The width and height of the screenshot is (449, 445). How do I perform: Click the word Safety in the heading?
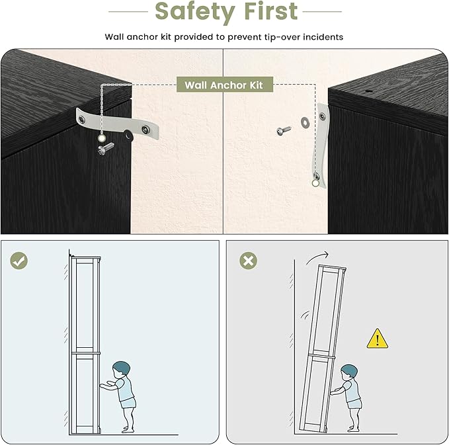pos(194,12)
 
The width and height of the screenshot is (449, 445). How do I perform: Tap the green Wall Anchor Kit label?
pos(225,85)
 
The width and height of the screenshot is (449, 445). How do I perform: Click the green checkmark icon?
pos(19,261)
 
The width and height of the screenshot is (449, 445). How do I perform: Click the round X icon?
pos(248,261)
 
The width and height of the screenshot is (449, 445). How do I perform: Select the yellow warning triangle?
pos(378,339)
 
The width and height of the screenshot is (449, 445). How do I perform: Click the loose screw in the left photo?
pos(105,149)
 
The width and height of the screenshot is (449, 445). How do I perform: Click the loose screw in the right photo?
pos(284,130)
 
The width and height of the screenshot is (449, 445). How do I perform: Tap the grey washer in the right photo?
pos(305,122)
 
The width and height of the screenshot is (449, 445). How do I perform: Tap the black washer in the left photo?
pos(128,135)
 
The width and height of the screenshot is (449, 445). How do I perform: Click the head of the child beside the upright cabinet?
pos(121,370)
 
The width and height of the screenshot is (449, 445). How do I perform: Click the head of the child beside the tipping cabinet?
pos(349,372)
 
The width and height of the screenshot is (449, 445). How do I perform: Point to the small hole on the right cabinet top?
pos(369,91)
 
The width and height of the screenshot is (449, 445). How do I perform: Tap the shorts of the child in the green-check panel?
pos(128,403)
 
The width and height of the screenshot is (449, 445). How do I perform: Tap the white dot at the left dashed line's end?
pos(102,139)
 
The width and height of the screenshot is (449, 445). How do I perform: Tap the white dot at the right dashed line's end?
pos(315,183)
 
